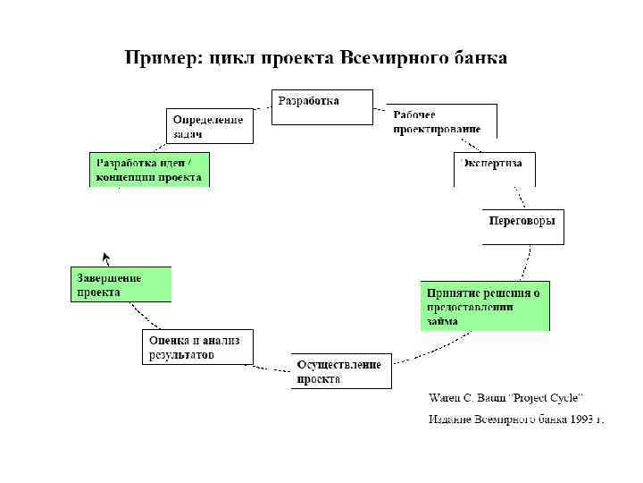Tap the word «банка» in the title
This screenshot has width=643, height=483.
click(x=475, y=59)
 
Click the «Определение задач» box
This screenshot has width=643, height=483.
click(x=209, y=125)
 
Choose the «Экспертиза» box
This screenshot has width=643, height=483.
click(x=494, y=169)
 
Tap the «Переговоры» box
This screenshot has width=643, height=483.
click(x=524, y=226)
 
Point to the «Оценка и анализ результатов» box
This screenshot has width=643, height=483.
click(x=197, y=346)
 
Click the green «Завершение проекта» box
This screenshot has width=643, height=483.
click(x=121, y=284)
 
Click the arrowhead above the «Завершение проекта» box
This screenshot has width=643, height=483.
click(x=105, y=257)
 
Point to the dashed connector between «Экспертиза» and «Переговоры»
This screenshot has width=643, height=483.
click(x=517, y=197)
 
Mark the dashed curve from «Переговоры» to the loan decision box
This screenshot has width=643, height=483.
click(x=527, y=263)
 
